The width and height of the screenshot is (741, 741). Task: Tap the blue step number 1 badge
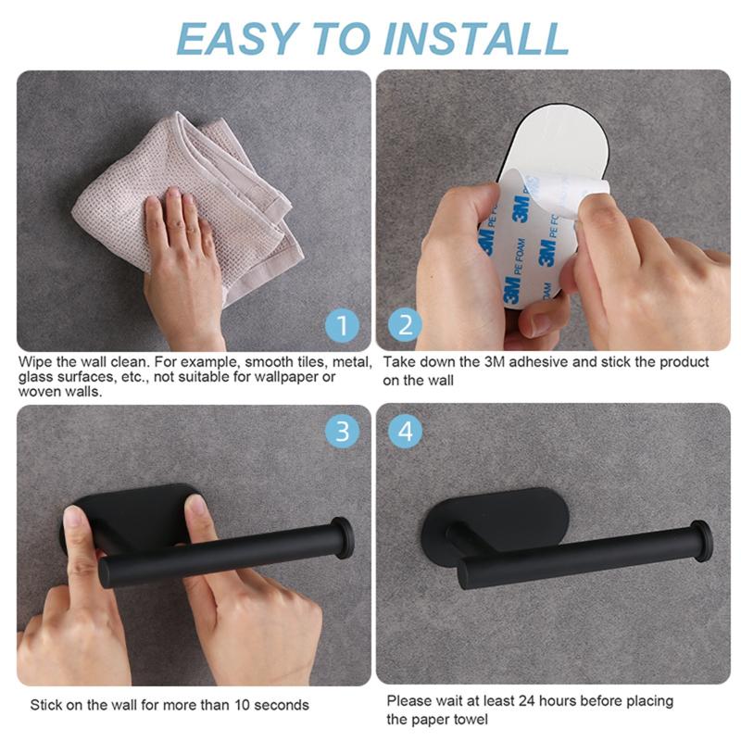click(x=342, y=326)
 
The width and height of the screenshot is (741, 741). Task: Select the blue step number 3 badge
click(x=342, y=431)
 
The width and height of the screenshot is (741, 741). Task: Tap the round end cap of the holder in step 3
click(x=342, y=536)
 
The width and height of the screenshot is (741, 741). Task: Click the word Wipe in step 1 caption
click(x=34, y=361)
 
